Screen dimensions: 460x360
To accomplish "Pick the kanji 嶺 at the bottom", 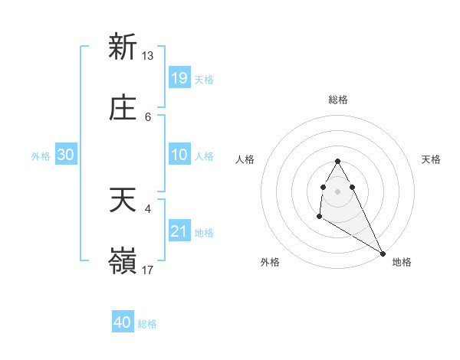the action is coord(123,261).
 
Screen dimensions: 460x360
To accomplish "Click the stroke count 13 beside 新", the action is coord(148,55).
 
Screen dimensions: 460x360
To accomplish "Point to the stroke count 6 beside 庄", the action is coord(148,117).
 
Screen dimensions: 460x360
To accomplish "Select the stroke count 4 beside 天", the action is coord(148,208).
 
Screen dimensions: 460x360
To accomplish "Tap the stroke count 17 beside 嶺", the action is coord(148,270).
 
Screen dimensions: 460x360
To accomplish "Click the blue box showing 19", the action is coord(179,78).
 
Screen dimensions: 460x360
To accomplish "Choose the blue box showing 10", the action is coord(179,155).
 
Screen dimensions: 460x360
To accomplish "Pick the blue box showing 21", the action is coord(179,231).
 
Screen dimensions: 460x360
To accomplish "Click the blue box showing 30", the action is coord(66,155).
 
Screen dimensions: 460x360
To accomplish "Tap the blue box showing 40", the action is coord(123,322).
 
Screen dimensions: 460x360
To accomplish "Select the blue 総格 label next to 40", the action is coord(147,324).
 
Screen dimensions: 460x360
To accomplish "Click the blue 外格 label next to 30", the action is coord(41,156).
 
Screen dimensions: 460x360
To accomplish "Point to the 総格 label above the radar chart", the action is coord(338,100).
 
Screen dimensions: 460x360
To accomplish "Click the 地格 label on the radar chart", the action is coord(402,262).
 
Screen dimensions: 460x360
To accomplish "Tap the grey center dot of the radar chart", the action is coord(338,191).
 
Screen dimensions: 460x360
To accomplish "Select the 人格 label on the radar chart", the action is coord(245,159).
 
